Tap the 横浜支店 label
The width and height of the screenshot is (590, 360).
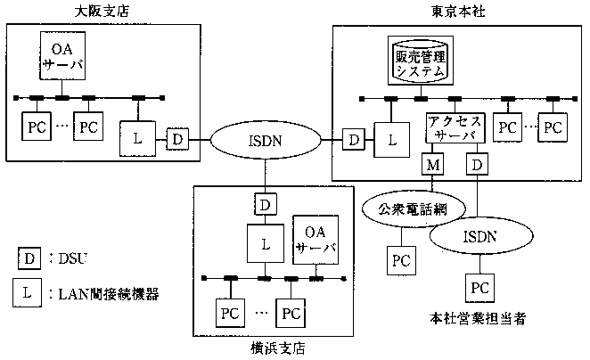277,348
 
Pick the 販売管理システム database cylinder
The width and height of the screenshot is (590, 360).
420,59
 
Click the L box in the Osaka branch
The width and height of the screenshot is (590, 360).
136,138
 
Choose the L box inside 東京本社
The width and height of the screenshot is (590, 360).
389,138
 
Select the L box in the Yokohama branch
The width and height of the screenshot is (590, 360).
264,241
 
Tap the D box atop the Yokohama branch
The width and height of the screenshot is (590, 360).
264,204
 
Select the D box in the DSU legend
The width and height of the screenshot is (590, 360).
29,258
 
